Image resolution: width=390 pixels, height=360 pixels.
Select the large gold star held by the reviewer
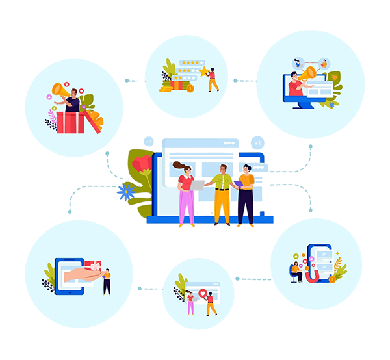pos(203,70)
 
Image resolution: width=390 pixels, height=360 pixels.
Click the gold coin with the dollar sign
pos(190,88)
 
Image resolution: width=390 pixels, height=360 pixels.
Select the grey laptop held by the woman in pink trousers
pos(197,185)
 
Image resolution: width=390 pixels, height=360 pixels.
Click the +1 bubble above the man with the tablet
pos(257,142)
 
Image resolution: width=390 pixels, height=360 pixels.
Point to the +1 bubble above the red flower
pos(149,142)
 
